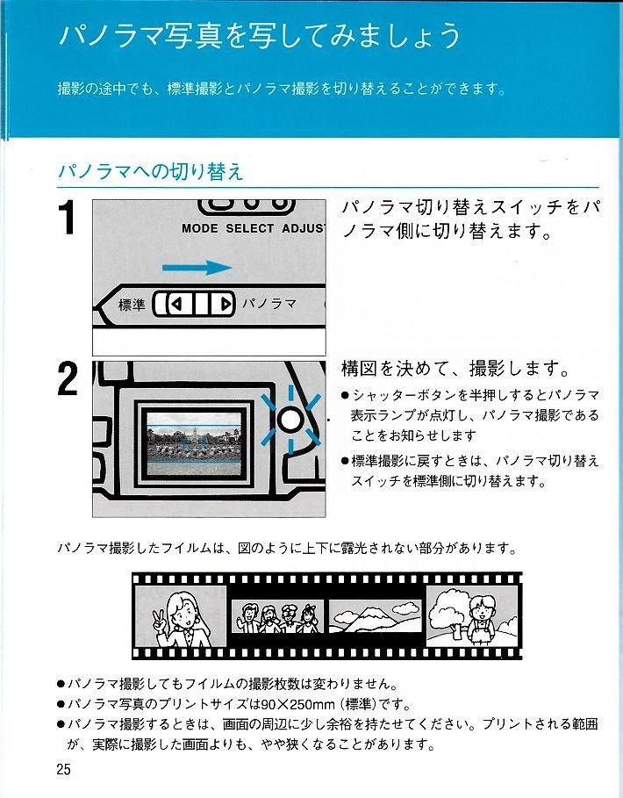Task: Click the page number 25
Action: pyautogui.click(x=64, y=768)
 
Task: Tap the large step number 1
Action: pyautogui.click(x=68, y=218)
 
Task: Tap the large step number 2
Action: pyautogui.click(x=68, y=378)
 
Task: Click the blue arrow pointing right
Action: pyautogui.click(x=197, y=267)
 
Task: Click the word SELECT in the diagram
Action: pyautogui.click(x=250, y=228)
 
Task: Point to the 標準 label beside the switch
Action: pyautogui.click(x=132, y=305)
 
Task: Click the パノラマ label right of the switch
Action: pyautogui.click(x=269, y=304)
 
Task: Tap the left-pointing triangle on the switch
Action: pyautogui.click(x=176, y=305)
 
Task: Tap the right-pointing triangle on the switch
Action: pyautogui.click(x=225, y=305)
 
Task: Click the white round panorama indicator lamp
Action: pyautogui.click(x=290, y=421)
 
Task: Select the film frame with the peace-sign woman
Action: pyautogui.click(x=180, y=615)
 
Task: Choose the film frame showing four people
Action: pyautogui.click(x=277, y=615)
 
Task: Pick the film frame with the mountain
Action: pyautogui.click(x=376, y=615)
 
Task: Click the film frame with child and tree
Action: pyautogui.click(x=472, y=615)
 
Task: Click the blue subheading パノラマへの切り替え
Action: pyautogui.click(x=151, y=171)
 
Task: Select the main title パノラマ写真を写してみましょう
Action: pyautogui.click(x=260, y=36)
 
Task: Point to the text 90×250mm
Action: pyautogui.click(x=298, y=704)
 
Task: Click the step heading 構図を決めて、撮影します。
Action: pyautogui.click(x=455, y=368)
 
